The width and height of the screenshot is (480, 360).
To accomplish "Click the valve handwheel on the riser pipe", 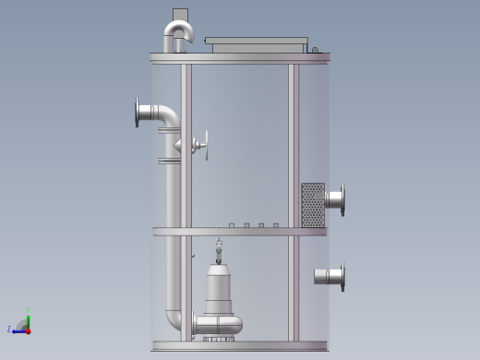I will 206,145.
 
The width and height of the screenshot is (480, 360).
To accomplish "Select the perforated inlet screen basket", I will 313,204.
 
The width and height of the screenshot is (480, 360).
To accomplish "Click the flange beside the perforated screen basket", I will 342,200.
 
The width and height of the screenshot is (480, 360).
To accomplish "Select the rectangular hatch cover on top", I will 255,43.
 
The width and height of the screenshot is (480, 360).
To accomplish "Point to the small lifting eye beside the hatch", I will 315,50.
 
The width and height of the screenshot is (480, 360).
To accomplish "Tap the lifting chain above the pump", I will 219,250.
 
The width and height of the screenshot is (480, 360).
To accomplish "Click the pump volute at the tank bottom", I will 222,324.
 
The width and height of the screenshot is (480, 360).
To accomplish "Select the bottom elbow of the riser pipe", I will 176,318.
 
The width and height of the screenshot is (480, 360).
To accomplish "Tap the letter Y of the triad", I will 29,308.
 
